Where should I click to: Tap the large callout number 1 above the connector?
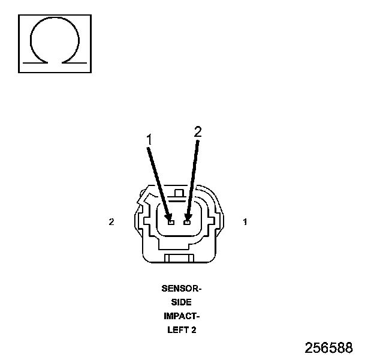[x=150, y=139]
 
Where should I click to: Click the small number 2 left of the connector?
[x=111, y=222]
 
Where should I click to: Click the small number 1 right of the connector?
[x=245, y=222]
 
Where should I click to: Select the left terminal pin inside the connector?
[x=171, y=222]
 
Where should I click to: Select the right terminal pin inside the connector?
[x=188, y=222]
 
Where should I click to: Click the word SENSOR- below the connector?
[x=182, y=288]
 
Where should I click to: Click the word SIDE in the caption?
[x=182, y=302]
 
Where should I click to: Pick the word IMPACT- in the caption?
[x=182, y=316]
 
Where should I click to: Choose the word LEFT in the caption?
[x=177, y=329]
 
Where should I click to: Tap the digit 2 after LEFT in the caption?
[x=194, y=329]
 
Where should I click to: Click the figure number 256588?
[x=328, y=348]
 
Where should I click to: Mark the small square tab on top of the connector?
[x=178, y=193]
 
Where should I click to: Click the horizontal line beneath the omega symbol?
[x=55, y=62]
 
